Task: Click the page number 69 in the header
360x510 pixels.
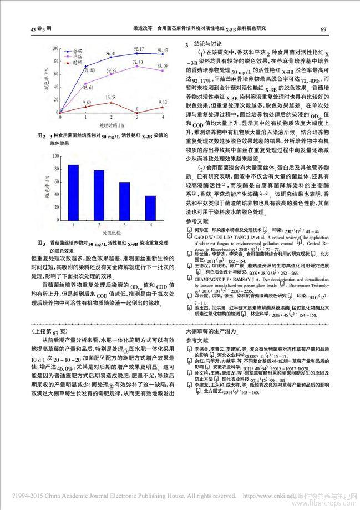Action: [323, 29]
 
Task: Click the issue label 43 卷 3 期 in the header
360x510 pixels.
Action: [39, 29]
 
